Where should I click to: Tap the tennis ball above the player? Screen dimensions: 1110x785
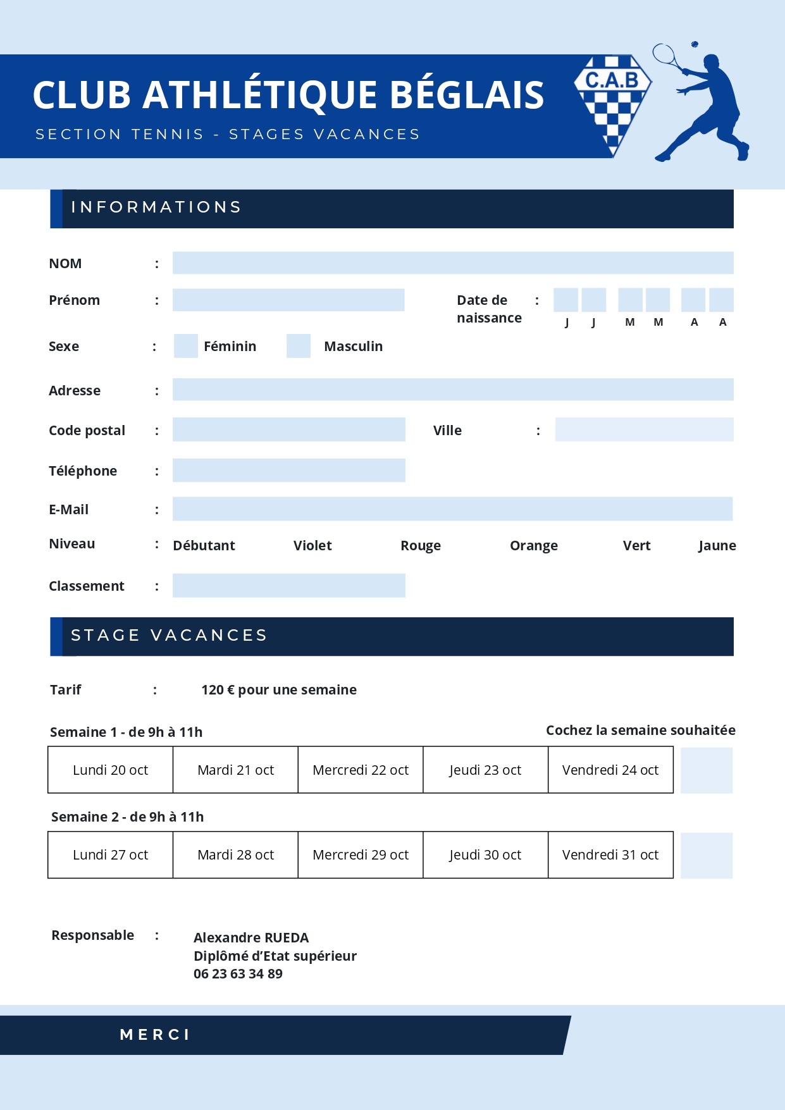click(x=695, y=44)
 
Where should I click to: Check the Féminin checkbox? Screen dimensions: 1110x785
click(x=186, y=346)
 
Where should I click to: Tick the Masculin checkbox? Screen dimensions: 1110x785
click(x=299, y=346)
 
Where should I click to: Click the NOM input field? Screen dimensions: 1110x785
click(x=453, y=263)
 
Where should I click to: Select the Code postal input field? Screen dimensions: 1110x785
click(x=288, y=429)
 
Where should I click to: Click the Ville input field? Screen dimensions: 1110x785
click(x=644, y=429)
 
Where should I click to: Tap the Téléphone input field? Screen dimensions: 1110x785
click(x=288, y=471)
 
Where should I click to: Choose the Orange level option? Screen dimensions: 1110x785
click(x=534, y=545)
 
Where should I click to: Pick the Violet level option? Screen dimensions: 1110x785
click(x=312, y=545)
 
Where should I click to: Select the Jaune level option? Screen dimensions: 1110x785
click(x=717, y=545)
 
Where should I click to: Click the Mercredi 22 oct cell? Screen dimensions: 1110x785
click(x=361, y=770)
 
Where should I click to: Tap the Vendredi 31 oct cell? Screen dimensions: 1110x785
click(x=610, y=854)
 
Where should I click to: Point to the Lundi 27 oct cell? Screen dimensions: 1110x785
click(x=110, y=854)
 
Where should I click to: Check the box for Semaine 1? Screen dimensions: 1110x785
click(x=707, y=770)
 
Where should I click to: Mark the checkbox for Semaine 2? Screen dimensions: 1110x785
click(x=707, y=855)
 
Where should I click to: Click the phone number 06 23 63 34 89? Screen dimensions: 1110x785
click(x=238, y=973)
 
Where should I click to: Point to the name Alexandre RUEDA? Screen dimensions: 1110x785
click(x=251, y=937)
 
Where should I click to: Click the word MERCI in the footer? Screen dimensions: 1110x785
click(x=155, y=1035)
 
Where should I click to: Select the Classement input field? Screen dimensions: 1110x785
click(x=288, y=586)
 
